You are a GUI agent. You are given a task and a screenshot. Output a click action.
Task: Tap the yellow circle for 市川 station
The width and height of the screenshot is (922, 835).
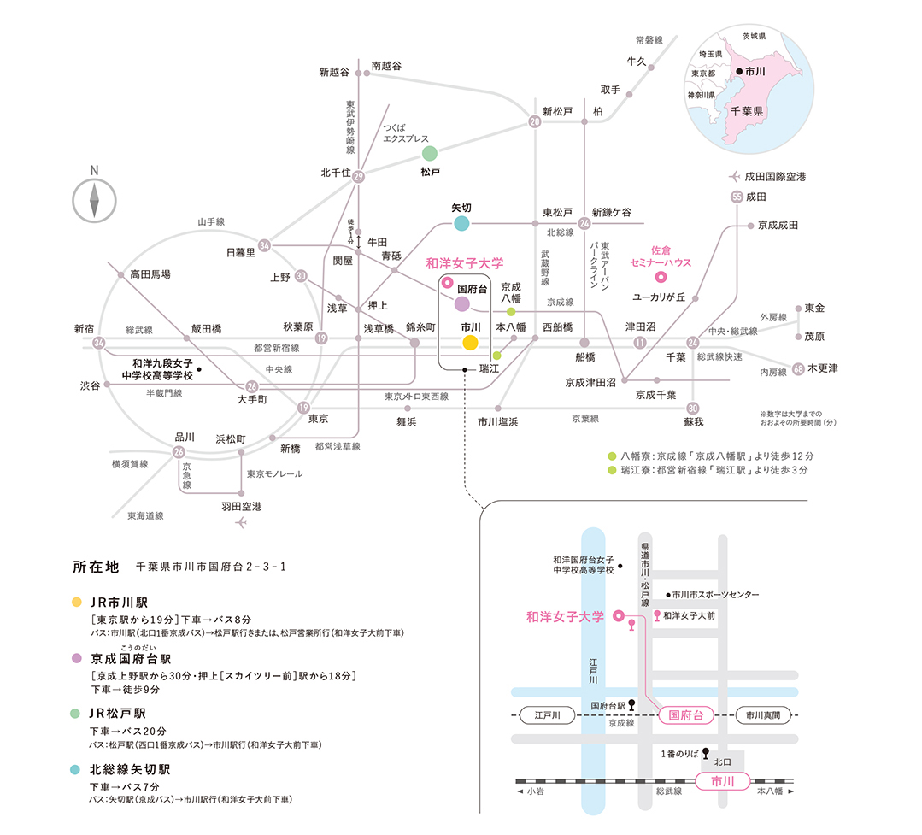[x=469, y=343]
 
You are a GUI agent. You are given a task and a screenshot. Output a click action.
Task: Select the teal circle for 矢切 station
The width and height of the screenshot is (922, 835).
[x=461, y=224]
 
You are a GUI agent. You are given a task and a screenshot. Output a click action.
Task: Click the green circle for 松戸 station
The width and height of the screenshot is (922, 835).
[x=429, y=154]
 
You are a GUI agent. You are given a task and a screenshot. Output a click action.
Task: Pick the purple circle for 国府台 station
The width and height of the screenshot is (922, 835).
[x=461, y=303]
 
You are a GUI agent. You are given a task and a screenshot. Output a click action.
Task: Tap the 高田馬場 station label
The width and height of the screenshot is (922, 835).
[x=150, y=274]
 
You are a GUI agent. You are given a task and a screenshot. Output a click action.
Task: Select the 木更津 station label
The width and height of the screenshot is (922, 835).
[x=823, y=368]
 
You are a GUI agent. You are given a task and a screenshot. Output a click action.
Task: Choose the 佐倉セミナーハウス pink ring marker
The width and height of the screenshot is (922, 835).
[x=660, y=277]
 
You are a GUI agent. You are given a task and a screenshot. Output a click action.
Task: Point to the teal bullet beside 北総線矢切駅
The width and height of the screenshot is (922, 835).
[x=77, y=769]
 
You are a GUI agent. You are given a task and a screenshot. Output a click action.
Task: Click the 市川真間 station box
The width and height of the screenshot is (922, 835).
[x=762, y=715]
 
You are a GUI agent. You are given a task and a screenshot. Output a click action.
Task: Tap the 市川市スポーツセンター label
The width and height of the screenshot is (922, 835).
[x=715, y=594]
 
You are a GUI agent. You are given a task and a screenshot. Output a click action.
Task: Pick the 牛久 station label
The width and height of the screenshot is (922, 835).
[x=636, y=62]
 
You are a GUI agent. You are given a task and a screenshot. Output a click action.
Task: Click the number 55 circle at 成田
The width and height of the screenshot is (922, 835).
[x=737, y=197]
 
